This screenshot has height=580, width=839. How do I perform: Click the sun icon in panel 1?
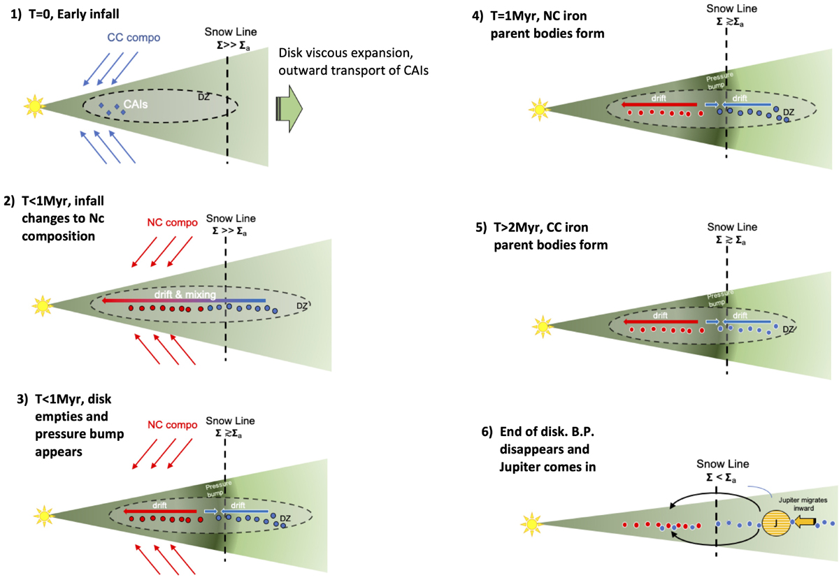(33, 107)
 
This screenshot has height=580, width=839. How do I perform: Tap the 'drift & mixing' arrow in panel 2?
(183, 300)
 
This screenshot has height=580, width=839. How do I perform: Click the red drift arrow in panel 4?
(654, 104)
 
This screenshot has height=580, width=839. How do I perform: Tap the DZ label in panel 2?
(302, 305)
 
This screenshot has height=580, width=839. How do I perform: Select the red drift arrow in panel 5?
(654, 321)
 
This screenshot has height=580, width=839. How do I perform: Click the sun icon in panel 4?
(539, 109)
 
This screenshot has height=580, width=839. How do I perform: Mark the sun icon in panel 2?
(42, 305)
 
